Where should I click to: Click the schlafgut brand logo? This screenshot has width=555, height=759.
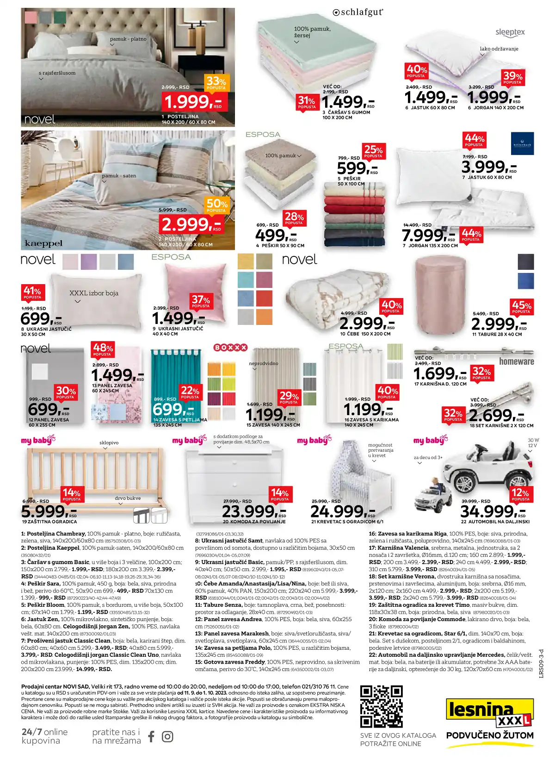click(358, 12)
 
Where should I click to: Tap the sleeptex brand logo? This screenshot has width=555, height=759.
click(510, 32)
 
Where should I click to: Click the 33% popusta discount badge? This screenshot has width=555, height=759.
click(216, 83)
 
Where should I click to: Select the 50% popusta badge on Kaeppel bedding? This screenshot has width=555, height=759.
click(216, 205)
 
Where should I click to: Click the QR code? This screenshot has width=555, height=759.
click(382, 706)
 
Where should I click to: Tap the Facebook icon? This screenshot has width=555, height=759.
click(151, 736)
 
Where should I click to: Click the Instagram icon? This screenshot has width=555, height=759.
click(167, 736)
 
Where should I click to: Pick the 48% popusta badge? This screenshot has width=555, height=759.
click(103, 349)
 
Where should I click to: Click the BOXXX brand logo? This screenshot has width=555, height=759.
click(230, 348)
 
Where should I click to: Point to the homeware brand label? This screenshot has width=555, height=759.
click(516, 361)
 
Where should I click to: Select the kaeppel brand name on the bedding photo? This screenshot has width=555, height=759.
click(43, 243)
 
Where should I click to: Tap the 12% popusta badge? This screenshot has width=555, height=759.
click(520, 494)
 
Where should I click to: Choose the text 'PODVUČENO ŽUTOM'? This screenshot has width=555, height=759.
click(490, 735)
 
